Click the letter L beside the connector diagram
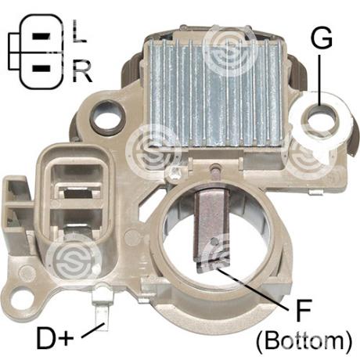click(x=79, y=31)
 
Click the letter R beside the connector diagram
click(x=82, y=70)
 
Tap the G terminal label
click(x=322, y=38)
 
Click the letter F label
click(x=304, y=310)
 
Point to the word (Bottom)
click(x=304, y=340)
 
